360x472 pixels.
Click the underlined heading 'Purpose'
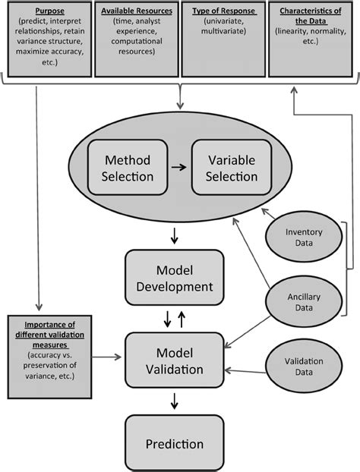click(x=49, y=11)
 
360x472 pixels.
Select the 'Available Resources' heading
click(x=137, y=11)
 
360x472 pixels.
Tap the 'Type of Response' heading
click(x=224, y=11)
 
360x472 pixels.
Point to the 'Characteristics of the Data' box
click(x=311, y=39)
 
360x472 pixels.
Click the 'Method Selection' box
click(x=128, y=168)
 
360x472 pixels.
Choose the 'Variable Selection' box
click(x=232, y=168)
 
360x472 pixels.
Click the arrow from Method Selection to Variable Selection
click(x=179, y=168)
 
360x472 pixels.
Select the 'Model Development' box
click(x=175, y=278)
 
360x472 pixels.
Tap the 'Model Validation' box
click(x=175, y=360)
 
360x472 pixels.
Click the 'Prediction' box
click(x=175, y=443)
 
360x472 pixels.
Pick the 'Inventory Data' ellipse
click(x=304, y=237)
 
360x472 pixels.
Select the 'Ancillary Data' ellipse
click(x=304, y=302)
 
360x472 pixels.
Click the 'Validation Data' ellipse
click(x=304, y=367)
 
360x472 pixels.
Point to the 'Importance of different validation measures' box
click(x=49, y=357)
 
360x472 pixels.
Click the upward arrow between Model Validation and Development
click(x=182, y=319)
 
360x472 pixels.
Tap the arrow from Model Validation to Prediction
click(x=174, y=401)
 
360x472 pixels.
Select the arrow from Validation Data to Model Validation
click(x=245, y=371)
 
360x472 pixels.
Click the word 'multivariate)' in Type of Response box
click(x=223, y=31)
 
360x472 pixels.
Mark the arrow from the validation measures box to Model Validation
click(x=106, y=357)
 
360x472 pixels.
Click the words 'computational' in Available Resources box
click(x=137, y=41)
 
